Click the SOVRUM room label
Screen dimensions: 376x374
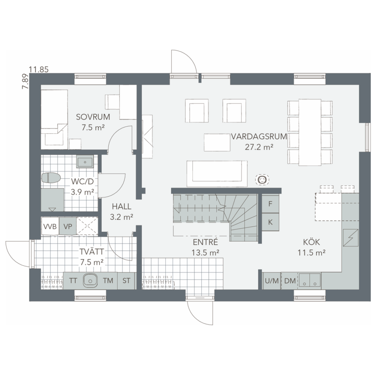[93, 117]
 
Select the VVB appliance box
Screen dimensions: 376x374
[50, 226]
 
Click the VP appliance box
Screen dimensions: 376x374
[68, 226]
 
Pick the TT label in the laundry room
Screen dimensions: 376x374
[73, 280]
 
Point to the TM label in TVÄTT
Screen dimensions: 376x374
[108, 280]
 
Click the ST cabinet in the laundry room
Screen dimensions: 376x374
[126, 281]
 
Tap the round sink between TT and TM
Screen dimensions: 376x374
[90, 280]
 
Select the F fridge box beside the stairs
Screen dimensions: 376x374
[270, 204]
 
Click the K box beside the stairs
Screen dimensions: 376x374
[270, 222]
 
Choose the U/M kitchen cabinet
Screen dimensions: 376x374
[272, 281]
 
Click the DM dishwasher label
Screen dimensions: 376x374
[290, 281]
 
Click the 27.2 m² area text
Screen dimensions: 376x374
[259, 147]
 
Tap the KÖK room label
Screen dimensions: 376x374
[311, 242]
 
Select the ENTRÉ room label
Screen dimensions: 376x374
[205, 242]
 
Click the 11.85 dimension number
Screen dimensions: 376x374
[39, 70]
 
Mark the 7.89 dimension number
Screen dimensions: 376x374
[25, 82]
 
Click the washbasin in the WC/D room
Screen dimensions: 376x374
[85, 161]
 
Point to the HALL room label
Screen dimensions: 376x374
[122, 206]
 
